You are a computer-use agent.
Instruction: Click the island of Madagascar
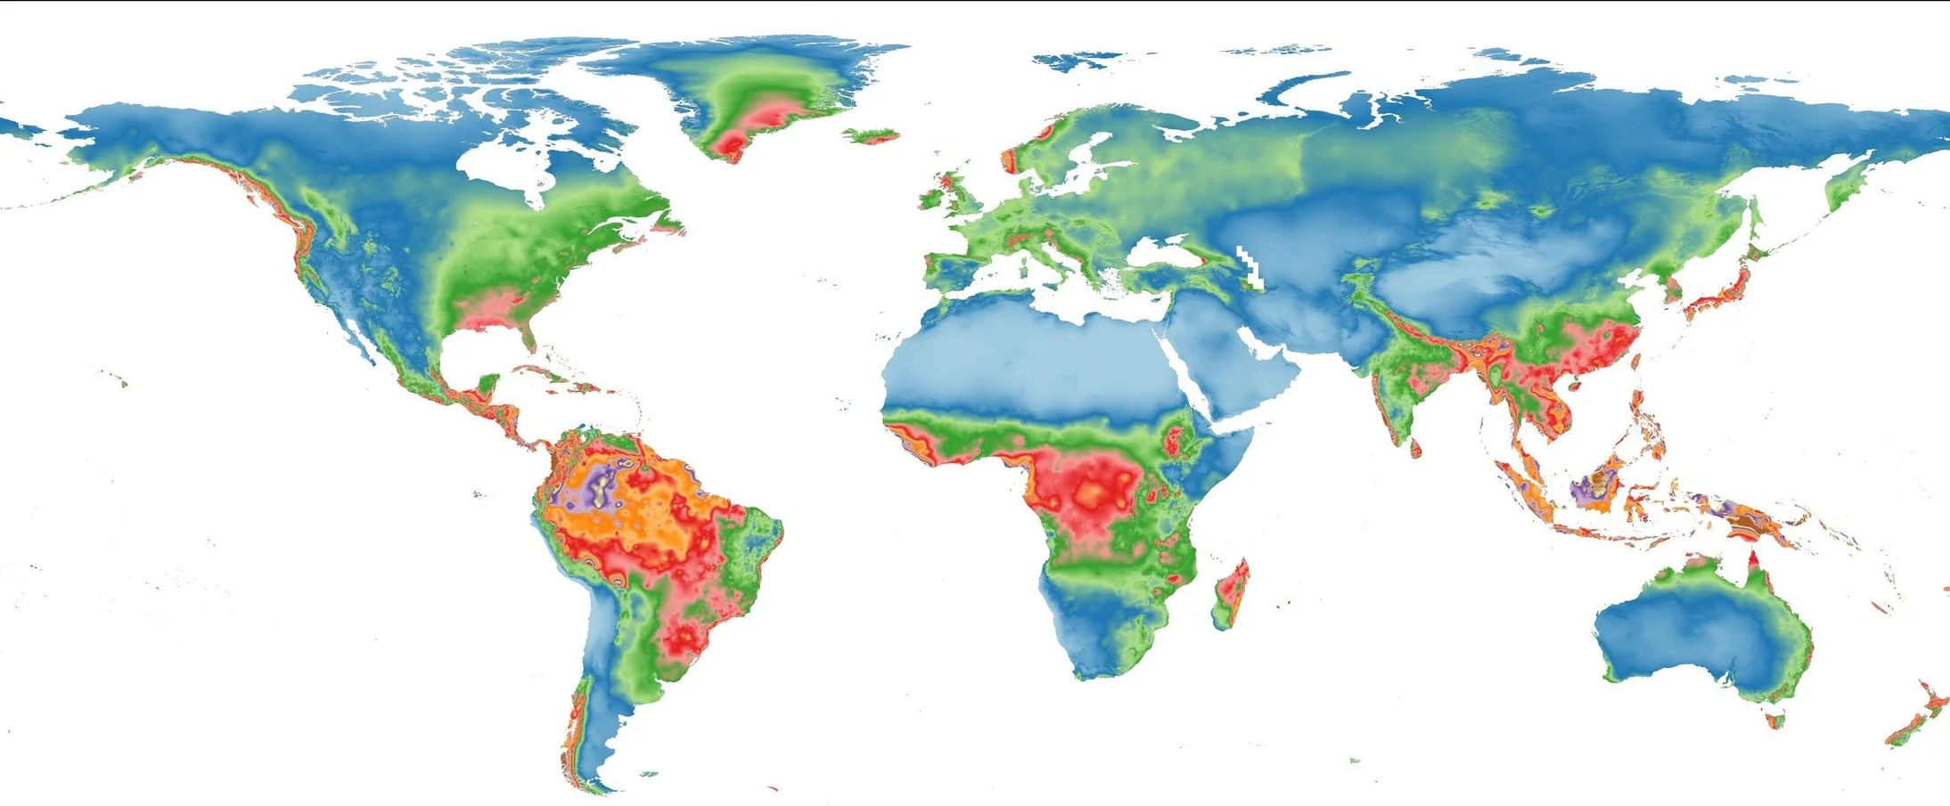(1232, 592)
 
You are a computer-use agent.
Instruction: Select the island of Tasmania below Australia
(1775, 720)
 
